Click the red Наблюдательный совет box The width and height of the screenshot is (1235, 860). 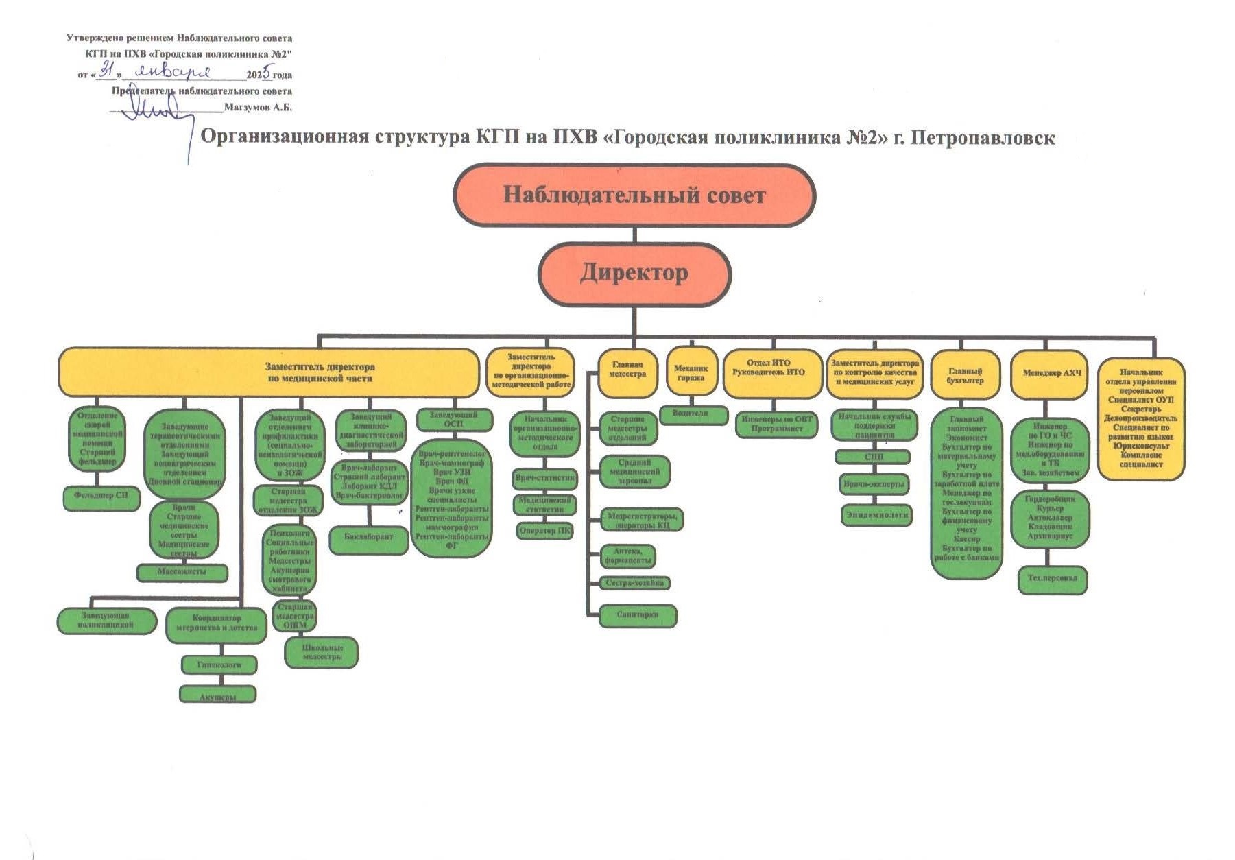(x=634, y=195)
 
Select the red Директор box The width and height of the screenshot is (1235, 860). (x=634, y=274)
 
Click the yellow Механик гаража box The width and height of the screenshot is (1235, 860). (x=691, y=372)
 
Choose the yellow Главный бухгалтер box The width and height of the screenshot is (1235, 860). (x=966, y=374)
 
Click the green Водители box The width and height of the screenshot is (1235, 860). (x=693, y=415)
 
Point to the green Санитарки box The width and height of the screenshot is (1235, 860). (x=638, y=615)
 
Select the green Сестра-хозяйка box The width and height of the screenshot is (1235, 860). (x=635, y=584)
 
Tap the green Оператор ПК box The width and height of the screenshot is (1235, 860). (x=545, y=531)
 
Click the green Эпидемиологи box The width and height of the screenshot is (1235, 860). (x=877, y=514)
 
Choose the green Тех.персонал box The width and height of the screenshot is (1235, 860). (x=1053, y=579)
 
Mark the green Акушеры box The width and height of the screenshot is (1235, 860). (x=217, y=695)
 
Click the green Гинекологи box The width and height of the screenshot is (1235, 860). (x=219, y=665)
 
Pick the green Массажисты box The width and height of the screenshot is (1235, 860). (x=182, y=572)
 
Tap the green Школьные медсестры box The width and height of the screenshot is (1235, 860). (x=322, y=652)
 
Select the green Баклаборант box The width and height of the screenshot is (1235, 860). (x=369, y=538)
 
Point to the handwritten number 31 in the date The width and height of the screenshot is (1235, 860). (x=108, y=70)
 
